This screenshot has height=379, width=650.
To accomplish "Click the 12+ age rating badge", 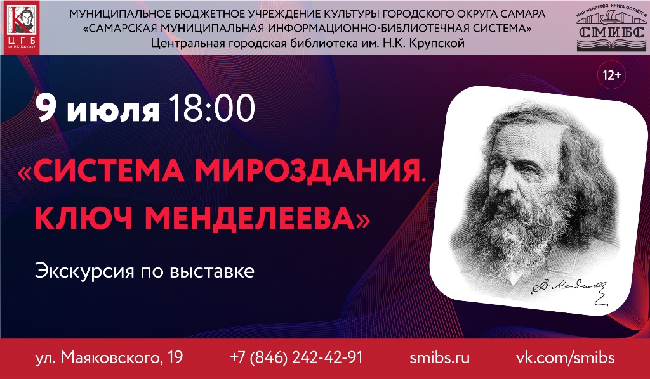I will [x=612, y=75].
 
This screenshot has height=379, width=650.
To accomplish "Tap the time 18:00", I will [x=211, y=109].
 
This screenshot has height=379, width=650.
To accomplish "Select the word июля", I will [x=113, y=110].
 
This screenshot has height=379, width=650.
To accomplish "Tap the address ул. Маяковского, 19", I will [x=109, y=357].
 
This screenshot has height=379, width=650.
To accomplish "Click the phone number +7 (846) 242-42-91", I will [x=296, y=357].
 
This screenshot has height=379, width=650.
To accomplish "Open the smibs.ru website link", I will [x=440, y=357].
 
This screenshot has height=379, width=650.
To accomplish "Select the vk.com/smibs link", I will [x=564, y=357].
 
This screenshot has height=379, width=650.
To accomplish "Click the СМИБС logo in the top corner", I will [x=608, y=29].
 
